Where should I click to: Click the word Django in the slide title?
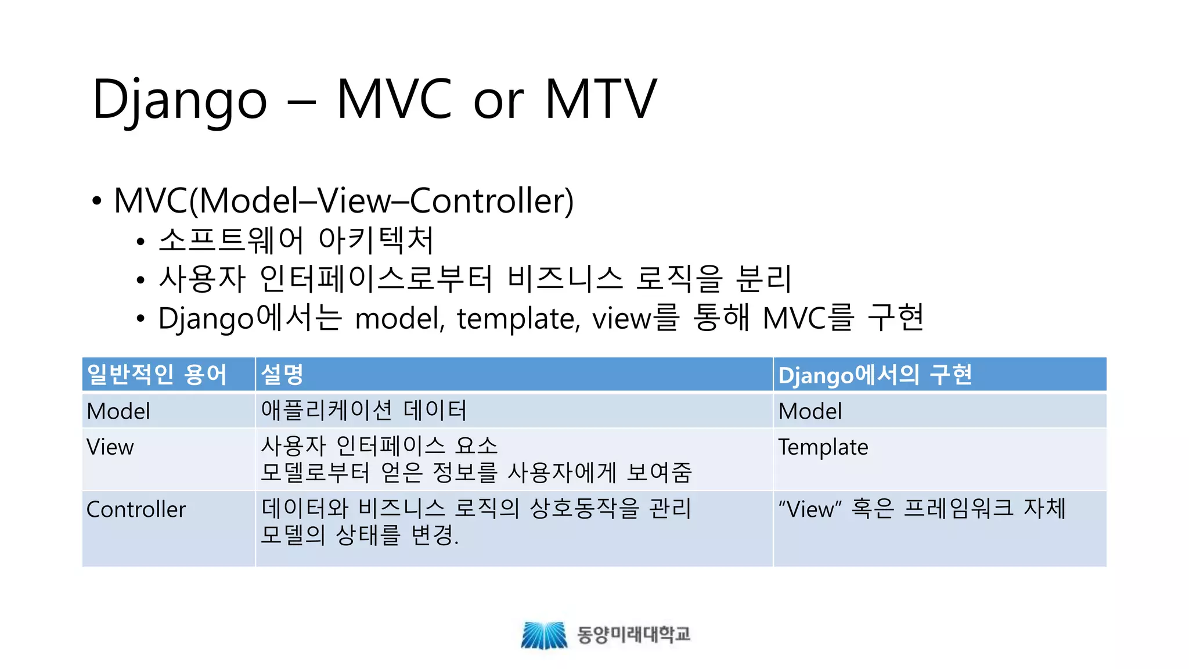point(179,100)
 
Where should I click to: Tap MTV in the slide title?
point(601,100)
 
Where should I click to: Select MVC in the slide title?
point(394,100)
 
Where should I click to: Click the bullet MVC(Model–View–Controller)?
point(344,201)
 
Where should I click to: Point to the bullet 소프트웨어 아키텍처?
point(296,240)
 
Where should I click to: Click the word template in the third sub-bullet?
point(517,319)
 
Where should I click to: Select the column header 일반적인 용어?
point(157,375)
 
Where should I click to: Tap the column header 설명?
point(282,375)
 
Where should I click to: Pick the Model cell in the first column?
point(118,411)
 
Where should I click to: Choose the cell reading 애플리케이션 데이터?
point(364,411)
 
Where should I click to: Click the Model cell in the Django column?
point(810,411)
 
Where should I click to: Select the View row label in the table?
point(110,447)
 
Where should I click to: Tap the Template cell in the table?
point(823,447)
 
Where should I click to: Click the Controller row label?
point(136,509)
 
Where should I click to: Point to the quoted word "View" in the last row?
point(810,509)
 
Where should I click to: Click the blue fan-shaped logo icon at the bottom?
point(544,635)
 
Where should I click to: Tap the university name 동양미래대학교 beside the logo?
point(633,634)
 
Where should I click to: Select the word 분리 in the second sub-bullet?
point(763,279)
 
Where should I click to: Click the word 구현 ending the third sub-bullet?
point(895,318)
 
